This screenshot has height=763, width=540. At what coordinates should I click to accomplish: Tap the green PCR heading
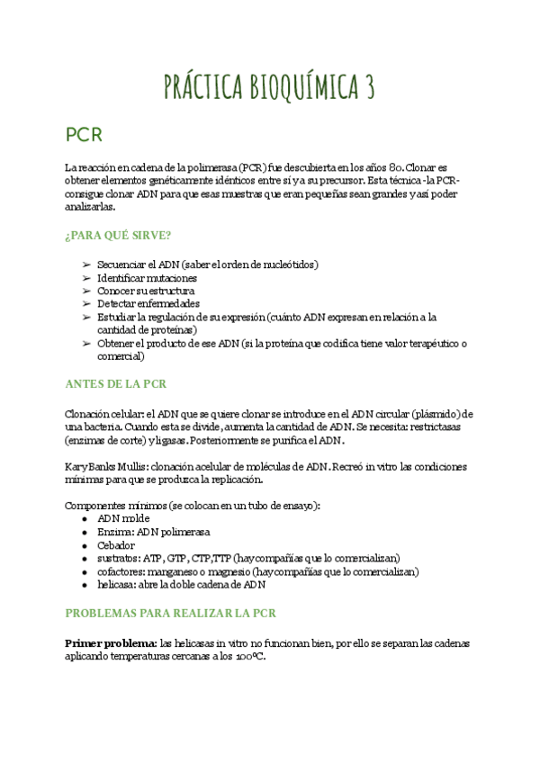pos(85,135)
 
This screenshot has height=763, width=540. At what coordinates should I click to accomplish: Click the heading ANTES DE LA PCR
pos(115,383)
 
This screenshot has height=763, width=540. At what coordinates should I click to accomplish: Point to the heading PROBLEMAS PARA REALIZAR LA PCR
pos(170,613)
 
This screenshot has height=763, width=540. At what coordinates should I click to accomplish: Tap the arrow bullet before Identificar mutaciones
pos(85,278)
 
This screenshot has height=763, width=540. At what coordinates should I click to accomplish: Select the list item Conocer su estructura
pos(145,291)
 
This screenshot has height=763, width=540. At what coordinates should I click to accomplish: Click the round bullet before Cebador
pos(85,545)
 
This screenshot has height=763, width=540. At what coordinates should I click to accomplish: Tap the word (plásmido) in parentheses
pos(439,413)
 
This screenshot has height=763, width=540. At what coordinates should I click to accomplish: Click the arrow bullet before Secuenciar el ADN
pos(85,265)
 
